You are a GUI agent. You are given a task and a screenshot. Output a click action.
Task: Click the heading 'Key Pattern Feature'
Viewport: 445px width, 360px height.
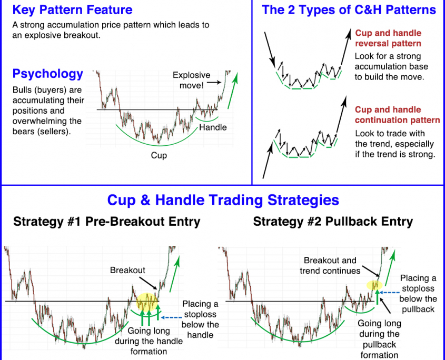point(72,10)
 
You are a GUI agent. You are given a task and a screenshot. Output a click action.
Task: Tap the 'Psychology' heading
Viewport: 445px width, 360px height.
point(48,74)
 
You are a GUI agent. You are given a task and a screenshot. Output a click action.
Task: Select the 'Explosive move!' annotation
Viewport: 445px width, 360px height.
point(192,81)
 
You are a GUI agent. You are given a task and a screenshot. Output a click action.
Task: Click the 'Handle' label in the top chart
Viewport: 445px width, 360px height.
point(213,127)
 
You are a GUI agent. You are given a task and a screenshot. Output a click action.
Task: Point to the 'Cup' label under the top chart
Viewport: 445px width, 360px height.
point(159,155)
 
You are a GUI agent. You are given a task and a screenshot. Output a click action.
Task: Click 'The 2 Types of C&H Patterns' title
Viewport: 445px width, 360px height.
point(349,10)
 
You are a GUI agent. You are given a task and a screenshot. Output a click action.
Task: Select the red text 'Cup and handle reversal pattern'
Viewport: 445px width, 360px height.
point(388,38)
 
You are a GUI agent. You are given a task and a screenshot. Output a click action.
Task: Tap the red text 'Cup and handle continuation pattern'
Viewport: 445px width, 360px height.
point(397,115)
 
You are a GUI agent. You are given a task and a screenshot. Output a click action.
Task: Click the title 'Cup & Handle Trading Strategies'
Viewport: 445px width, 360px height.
point(223,200)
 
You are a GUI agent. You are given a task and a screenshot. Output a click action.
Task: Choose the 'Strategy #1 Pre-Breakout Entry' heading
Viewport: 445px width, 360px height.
point(107,222)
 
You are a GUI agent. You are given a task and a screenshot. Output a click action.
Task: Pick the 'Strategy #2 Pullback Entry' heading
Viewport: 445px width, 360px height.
point(333,222)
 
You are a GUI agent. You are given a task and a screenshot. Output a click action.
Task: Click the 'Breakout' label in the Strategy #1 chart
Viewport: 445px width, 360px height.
point(127,270)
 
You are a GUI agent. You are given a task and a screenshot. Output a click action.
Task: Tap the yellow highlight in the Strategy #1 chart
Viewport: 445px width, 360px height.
point(147,302)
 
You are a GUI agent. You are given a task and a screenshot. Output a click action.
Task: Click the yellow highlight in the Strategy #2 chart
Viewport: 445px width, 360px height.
point(374,285)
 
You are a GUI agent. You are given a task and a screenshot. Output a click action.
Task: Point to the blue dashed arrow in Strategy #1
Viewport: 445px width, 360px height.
point(171,317)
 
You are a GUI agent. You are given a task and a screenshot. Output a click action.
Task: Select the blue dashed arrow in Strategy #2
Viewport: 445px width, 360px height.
point(389,293)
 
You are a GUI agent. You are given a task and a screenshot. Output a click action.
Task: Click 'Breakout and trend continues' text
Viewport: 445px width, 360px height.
point(330,266)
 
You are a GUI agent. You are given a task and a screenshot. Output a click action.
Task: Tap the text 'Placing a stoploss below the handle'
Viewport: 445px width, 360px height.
point(200,319)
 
